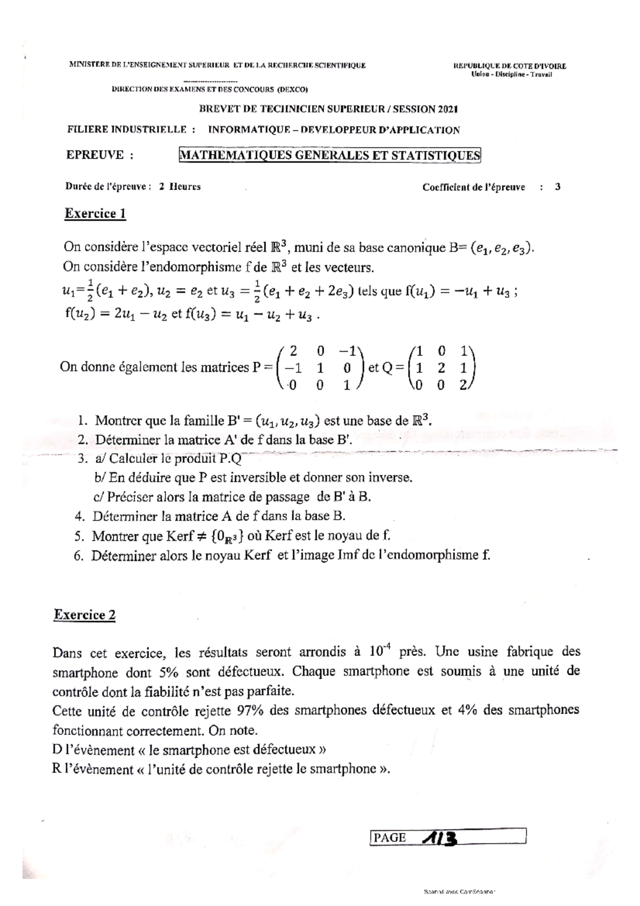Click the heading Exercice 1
pos(95,213)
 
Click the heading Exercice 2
pos(84,615)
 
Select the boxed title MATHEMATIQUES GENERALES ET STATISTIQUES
pos(330,155)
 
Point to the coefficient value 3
pos(557,187)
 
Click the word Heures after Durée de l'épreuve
pos(185,187)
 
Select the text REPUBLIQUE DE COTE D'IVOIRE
pos(509,66)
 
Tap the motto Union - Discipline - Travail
pos(511,74)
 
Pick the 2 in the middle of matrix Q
pos(440,368)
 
